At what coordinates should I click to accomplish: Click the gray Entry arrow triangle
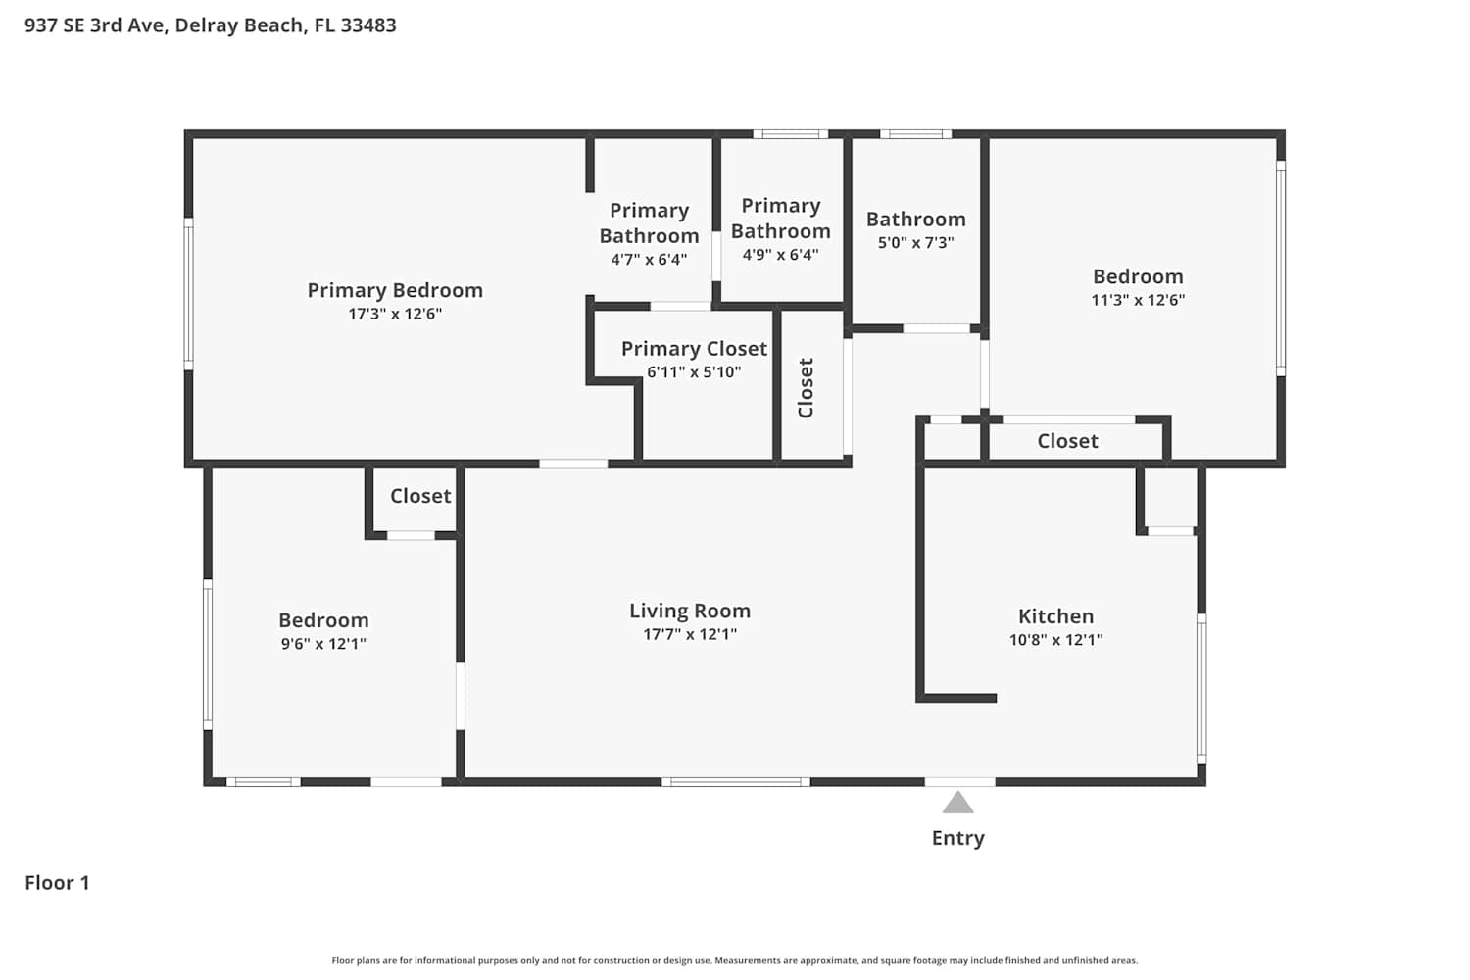(958, 803)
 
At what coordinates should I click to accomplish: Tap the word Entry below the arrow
(958, 838)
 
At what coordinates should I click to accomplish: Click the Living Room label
(690, 611)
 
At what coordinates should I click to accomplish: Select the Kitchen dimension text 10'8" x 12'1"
(1055, 639)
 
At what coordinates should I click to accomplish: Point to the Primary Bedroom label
(395, 290)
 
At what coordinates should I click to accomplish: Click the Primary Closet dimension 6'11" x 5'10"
(694, 371)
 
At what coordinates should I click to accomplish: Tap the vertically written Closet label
(806, 387)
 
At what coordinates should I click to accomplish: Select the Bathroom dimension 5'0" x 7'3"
(915, 242)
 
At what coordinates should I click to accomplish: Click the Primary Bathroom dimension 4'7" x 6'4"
(649, 260)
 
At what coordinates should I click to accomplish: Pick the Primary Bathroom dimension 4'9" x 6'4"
(780, 255)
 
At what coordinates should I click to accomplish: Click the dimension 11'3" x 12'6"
(1138, 300)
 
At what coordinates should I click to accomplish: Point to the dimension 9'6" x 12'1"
(323, 643)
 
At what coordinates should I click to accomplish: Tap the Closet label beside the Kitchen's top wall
(1068, 440)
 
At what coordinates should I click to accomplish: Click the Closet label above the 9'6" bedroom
(420, 496)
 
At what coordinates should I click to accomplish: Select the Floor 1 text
(57, 883)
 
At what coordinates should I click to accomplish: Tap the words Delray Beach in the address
(239, 25)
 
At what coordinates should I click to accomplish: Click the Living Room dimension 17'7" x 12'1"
(690, 634)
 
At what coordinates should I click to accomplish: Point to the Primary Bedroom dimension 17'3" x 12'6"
(395, 314)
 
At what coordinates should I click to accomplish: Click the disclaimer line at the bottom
(734, 960)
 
